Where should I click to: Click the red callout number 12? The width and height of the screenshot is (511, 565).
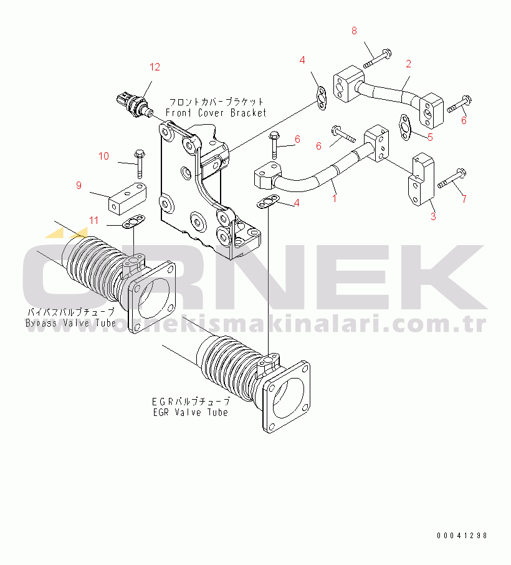pos(155,67)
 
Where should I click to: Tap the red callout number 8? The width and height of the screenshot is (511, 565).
pos(354,31)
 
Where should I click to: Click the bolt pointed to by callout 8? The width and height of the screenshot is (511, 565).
pos(378,59)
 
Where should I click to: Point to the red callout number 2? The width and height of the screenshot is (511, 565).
pos(408,64)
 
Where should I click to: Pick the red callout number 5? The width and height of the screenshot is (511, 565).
pos(430,137)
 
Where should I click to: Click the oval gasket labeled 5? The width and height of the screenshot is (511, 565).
pos(406,128)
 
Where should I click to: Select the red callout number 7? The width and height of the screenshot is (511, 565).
pos(464,198)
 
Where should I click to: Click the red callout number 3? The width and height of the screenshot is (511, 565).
pos(433,216)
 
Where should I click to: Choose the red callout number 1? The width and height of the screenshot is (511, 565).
pos(335,198)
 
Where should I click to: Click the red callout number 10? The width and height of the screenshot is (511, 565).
pos(103,156)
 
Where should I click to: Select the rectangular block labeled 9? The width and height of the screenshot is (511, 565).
pos(128,200)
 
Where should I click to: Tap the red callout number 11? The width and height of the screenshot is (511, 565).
pos(93,221)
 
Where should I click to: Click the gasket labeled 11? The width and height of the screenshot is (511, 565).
pos(134,221)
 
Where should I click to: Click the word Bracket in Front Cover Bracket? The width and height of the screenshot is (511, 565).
pos(248,113)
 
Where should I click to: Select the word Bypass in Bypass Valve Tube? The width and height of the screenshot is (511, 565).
pos(41,323)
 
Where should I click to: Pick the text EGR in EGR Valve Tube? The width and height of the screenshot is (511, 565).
pos(161,412)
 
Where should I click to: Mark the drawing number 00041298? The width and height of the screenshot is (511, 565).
pos(462,536)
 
